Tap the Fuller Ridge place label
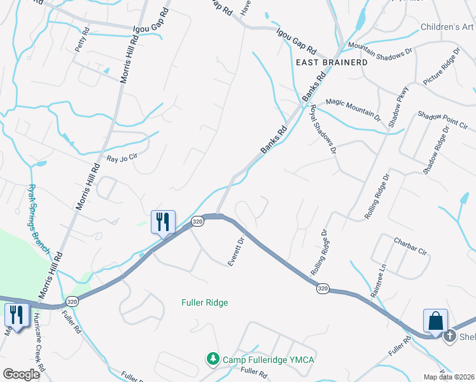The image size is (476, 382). tap(205, 302)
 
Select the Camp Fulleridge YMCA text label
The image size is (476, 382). tap(268, 360)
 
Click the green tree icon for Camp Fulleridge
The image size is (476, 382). tap(213, 360)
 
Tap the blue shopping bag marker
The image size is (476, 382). tap(437, 320)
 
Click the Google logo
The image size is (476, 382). tap(22, 374)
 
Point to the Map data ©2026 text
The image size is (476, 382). tap(449, 377)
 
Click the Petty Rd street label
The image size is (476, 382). tap(80, 43)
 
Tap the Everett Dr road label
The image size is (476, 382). tap(236, 252)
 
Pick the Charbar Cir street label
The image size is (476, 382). tap(410, 247)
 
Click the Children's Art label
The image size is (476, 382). tap(447, 27)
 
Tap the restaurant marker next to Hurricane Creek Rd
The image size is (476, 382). tap(15, 315)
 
